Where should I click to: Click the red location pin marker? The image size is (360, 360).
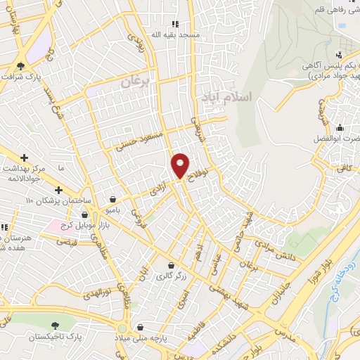(x=180, y=165)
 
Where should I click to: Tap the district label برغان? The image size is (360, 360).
(x=135, y=82)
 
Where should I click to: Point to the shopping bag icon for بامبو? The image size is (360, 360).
(x=114, y=198)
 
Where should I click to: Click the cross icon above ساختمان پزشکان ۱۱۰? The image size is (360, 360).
(x=58, y=190)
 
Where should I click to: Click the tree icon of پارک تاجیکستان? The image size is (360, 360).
(x=55, y=325)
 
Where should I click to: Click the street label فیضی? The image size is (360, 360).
(x=65, y=243)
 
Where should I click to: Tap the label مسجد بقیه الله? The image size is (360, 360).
(x=183, y=34)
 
